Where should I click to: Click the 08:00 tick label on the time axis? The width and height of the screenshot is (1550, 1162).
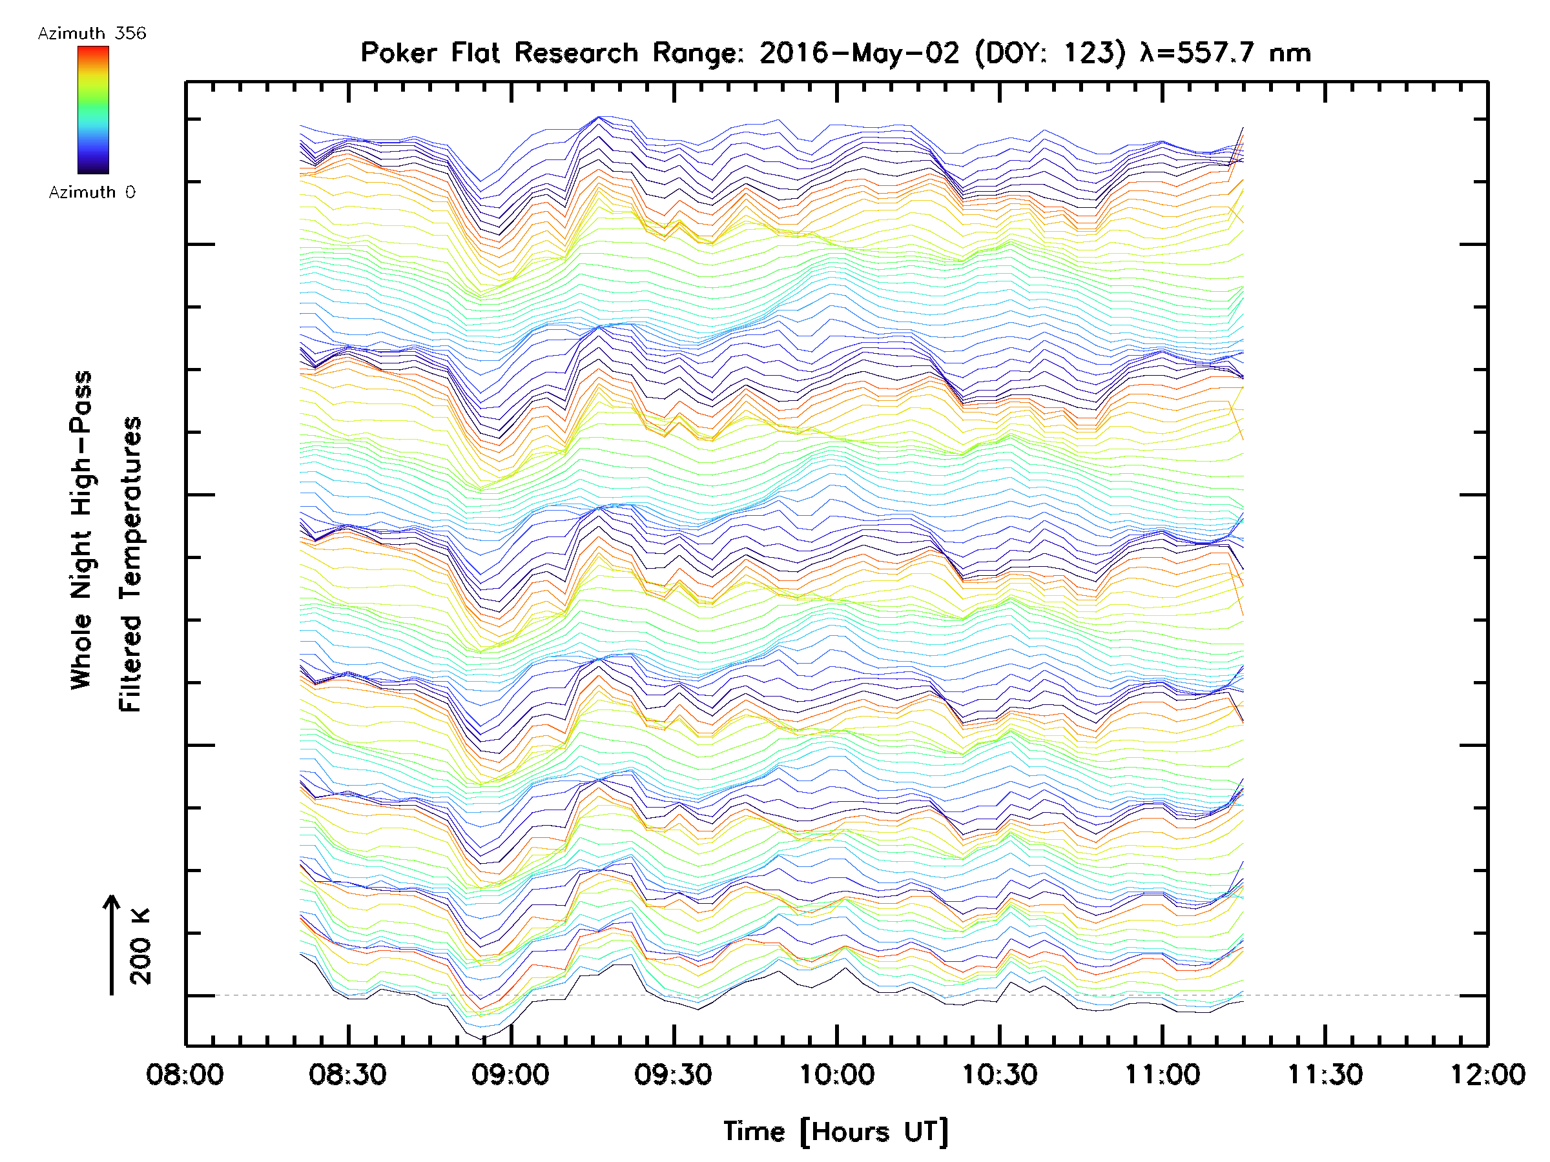(x=185, y=1074)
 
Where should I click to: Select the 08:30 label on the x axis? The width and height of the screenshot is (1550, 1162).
(x=347, y=1074)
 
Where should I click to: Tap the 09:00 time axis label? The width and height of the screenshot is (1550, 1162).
(x=510, y=1074)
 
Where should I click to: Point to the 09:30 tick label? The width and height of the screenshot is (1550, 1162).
(x=674, y=1074)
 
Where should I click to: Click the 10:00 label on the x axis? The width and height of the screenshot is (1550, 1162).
(x=836, y=1074)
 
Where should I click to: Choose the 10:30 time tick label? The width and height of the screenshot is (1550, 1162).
(x=999, y=1074)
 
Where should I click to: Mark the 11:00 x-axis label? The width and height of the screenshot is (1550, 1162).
(x=1162, y=1074)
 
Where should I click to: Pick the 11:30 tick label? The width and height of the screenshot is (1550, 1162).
(x=1325, y=1074)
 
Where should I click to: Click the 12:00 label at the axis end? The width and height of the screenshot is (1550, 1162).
(x=1487, y=1074)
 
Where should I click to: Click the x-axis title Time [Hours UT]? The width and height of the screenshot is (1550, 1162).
(x=836, y=1131)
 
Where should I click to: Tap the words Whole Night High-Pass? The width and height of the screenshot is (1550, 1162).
(x=81, y=530)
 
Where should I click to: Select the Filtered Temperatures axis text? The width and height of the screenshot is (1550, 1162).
(x=130, y=564)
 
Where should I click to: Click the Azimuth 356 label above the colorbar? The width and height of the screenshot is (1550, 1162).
(x=92, y=34)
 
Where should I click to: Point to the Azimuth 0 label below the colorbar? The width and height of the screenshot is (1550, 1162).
(x=92, y=192)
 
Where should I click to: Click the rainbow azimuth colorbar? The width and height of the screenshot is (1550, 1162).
(x=93, y=110)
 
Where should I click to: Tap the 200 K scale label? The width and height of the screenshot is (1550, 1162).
(x=141, y=946)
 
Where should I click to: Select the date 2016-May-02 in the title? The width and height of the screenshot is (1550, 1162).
(x=859, y=53)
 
